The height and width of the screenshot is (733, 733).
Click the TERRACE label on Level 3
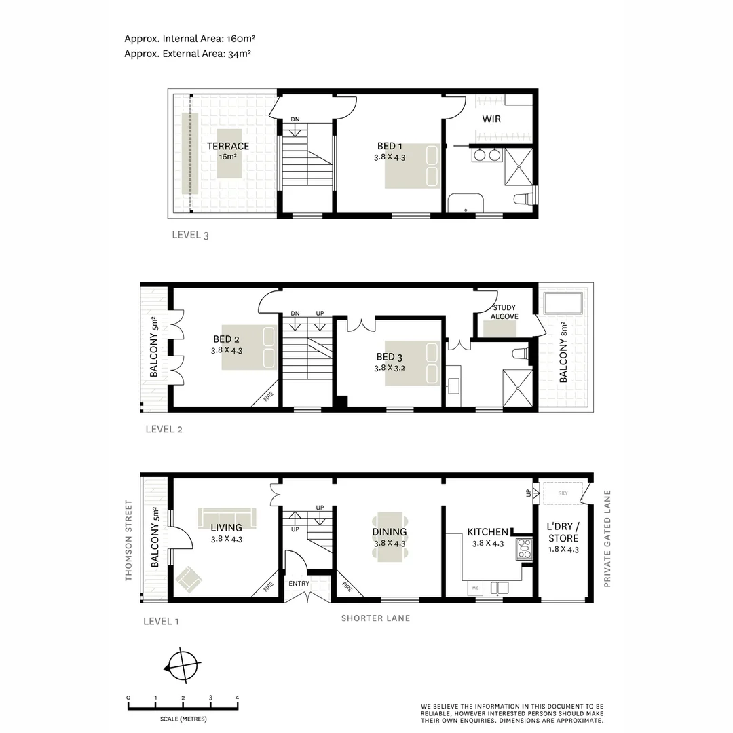pyautogui.click(x=228, y=146)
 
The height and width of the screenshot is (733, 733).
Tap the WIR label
pyautogui.click(x=492, y=119)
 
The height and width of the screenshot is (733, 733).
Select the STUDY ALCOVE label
pyautogui.click(x=504, y=312)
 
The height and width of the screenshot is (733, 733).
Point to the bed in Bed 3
pyautogui.click(x=412, y=364)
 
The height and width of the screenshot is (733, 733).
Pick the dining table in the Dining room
pyautogui.click(x=390, y=536)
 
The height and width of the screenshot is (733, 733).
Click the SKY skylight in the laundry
pyautogui.click(x=563, y=493)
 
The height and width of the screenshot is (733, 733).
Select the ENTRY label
pyautogui.click(x=299, y=584)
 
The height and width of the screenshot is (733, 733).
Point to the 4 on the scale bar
pyautogui.click(x=237, y=698)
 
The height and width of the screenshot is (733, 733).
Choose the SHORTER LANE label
pyautogui.click(x=375, y=618)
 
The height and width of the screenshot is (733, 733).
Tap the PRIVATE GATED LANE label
pyautogui.click(x=607, y=538)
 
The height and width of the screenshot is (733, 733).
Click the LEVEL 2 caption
pyautogui.click(x=164, y=429)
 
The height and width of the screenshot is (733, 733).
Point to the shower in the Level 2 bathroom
pyautogui.click(x=519, y=387)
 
